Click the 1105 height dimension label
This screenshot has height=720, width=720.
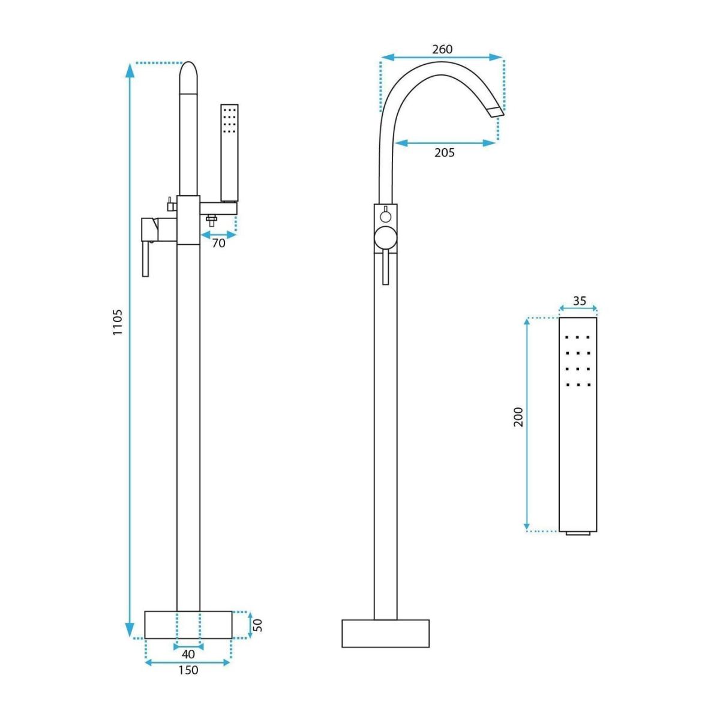click(x=118, y=322)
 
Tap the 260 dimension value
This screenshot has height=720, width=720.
click(x=442, y=49)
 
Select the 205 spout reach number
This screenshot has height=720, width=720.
click(x=444, y=152)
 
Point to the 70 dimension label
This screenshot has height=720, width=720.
click(x=218, y=243)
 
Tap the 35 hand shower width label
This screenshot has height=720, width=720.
click(x=580, y=301)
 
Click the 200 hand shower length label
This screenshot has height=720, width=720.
click(x=518, y=417)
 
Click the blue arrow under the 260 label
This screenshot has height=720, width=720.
click(x=442, y=57)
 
